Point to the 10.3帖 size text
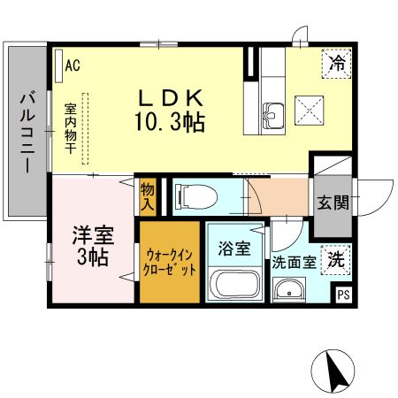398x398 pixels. point(171,122)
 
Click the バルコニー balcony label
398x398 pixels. point(27,133)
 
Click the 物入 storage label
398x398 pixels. point(147,197)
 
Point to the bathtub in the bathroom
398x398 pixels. point(233,286)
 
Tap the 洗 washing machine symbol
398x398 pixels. point(335,259)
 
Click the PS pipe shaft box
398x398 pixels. point(342,295)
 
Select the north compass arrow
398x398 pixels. point(335,371)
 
